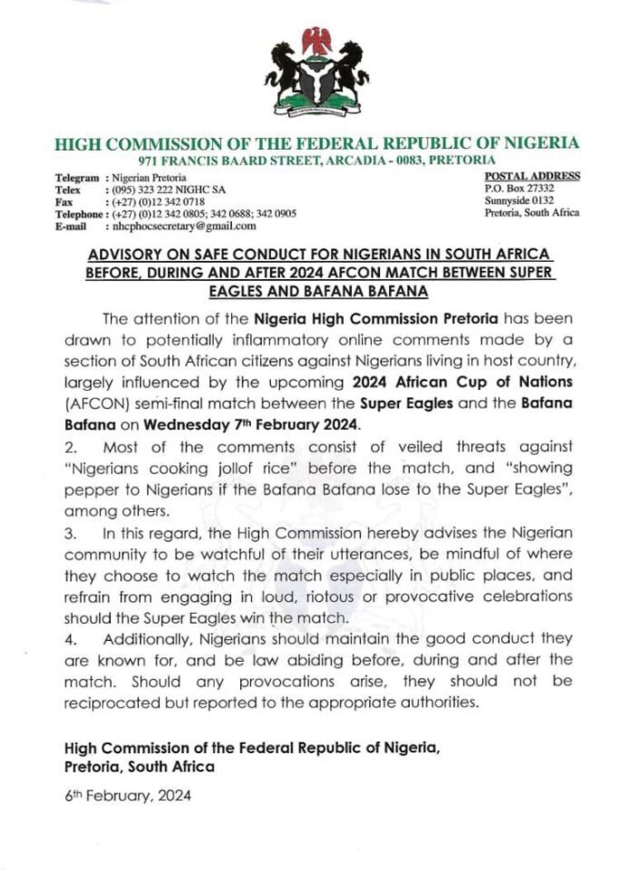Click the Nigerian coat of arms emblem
[316, 76]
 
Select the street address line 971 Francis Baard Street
[316, 160]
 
